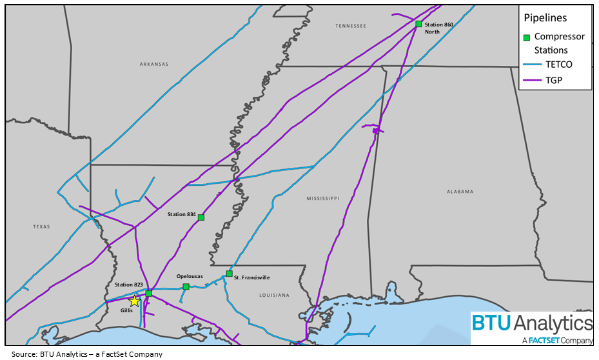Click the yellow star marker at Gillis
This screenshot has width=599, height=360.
134,301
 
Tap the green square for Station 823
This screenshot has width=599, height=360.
148,294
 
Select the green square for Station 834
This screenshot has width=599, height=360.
201,217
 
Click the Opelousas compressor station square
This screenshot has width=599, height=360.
186,286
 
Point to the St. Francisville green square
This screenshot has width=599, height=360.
229,274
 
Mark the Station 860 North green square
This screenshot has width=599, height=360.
418,24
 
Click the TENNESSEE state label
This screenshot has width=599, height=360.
351,26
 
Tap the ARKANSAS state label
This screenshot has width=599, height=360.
153,65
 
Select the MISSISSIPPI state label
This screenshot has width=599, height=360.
323,199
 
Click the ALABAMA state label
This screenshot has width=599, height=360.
460,192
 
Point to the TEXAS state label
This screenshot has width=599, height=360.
41,226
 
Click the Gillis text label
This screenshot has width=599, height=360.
126,310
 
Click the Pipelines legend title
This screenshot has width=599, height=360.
545,19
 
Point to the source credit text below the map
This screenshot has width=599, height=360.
86,354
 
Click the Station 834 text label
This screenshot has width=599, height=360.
181,214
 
